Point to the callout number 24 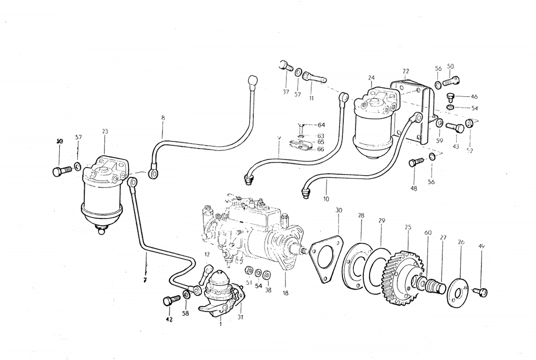(x=371, y=78)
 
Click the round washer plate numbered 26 (x=457, y=292)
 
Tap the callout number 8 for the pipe (x=163, y=118)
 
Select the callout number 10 (x=326, y=198)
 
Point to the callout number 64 (x=321, y=125)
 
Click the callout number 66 (x=321, y=149)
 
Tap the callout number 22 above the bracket (x=406, y=71)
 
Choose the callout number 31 (x=240, y=317)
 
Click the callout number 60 (x=428, y=233)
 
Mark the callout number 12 (x=207, y=254)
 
